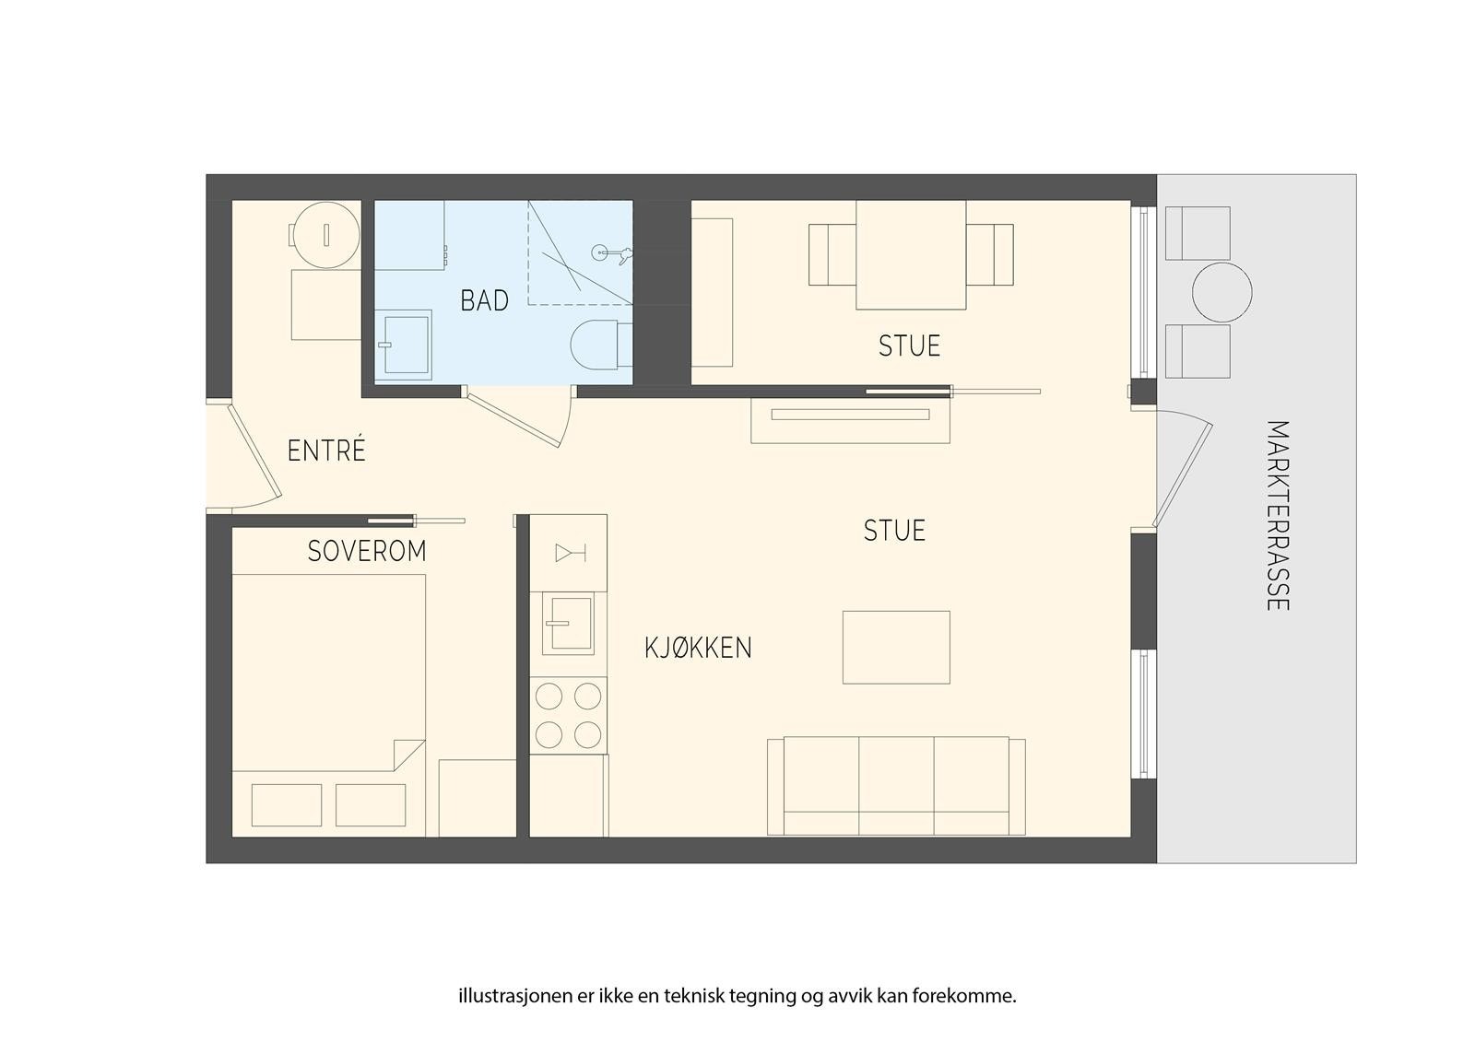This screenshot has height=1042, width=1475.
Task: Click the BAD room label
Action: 484,300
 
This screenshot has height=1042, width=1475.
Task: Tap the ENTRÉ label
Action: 326,451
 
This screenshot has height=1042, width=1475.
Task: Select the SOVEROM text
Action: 367,551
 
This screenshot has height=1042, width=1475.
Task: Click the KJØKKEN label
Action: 698,648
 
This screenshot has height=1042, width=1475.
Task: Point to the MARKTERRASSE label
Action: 1277,515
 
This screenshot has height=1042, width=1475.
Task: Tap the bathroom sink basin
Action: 405,345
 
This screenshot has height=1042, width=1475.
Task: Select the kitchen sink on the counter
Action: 568,623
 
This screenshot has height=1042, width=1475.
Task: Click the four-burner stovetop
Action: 568,715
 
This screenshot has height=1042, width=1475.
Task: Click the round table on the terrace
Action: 1221,293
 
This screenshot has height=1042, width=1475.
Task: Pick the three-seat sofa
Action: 896,785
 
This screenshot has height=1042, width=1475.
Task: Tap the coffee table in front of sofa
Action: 896,647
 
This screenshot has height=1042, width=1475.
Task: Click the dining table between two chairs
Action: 911,254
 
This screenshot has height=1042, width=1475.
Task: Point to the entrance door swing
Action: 254,452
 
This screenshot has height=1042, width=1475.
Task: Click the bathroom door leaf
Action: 513,420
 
